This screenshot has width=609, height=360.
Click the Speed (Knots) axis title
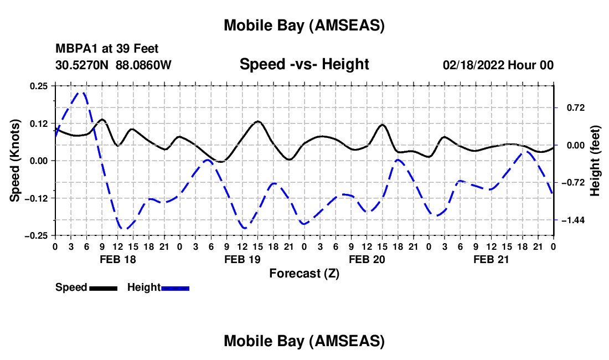[x=16, y=161]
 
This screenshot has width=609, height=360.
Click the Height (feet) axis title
[x=595, y=161]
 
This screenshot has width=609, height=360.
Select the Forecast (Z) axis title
[x=304, y=273]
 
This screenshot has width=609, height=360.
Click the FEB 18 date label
[x=117, y=259]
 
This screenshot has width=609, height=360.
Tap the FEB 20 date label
[x=367, y=259]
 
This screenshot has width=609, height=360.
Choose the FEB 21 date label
[x=491, y=259]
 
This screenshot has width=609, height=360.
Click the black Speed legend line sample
[x=103, y=288]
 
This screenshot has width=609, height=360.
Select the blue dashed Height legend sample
[x=176, y=288]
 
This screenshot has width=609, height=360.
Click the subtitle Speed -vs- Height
[x=304, y=64]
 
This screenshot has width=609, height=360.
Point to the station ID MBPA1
[x=75, y=49]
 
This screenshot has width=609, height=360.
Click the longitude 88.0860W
[x=143, y=65]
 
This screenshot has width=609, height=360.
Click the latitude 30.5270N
[x=82, y=65]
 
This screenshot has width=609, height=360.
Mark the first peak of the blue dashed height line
[x=82, y=92]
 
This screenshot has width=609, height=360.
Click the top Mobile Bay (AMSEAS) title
[x=304, y=25]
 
